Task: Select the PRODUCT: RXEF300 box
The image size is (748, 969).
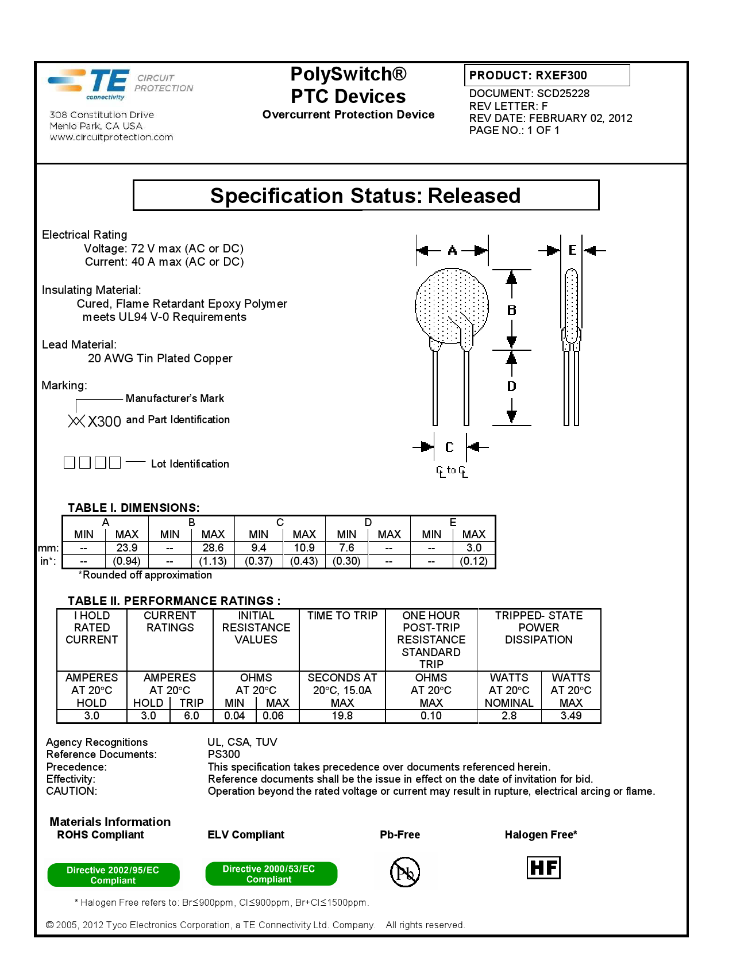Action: (546, 75)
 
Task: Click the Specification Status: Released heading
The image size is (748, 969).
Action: (365, 196)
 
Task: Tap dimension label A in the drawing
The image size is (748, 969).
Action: (452, 250)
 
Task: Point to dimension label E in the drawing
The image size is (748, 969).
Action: (572, 250)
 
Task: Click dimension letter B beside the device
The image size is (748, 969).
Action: (511, 310)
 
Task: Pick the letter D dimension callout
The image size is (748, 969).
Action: (511, 386)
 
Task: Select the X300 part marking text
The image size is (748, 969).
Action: (104, 422)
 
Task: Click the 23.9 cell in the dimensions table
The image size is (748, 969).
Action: (126, 548)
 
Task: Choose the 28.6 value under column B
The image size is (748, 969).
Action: (213, 548)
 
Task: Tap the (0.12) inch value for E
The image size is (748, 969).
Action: (473, 561)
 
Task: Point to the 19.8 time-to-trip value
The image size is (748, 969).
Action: (342, 716)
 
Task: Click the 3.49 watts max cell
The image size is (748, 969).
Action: (571, 716)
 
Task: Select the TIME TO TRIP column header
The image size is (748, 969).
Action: (342, 616)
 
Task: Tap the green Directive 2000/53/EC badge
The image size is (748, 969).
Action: (271, 874)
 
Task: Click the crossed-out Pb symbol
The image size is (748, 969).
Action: (405, 872)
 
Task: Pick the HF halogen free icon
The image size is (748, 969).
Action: (543, 868)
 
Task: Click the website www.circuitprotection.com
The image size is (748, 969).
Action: (111, 137)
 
